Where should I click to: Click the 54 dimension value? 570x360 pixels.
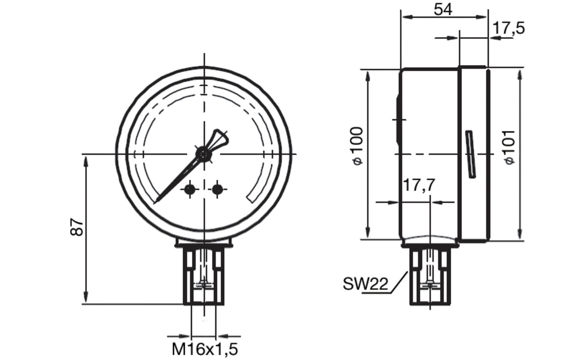(x=443, y=9)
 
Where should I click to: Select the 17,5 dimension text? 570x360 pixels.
(x=508, y=28)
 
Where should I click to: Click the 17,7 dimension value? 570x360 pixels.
(x=418, y=186)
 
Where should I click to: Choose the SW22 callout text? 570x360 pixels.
(x=366, y=284)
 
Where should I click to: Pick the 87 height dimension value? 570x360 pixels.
(x=77, y=227)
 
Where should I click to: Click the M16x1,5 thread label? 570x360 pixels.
(x=205, y=349)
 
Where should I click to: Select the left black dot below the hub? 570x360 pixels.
(x=190, y=189)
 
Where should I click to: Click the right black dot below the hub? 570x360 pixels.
(x=217, y=189)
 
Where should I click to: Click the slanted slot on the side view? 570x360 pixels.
(x=471, y=154)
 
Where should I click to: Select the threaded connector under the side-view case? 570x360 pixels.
(x=430, y=276)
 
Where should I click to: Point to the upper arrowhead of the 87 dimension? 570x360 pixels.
(x=86, y=160)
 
